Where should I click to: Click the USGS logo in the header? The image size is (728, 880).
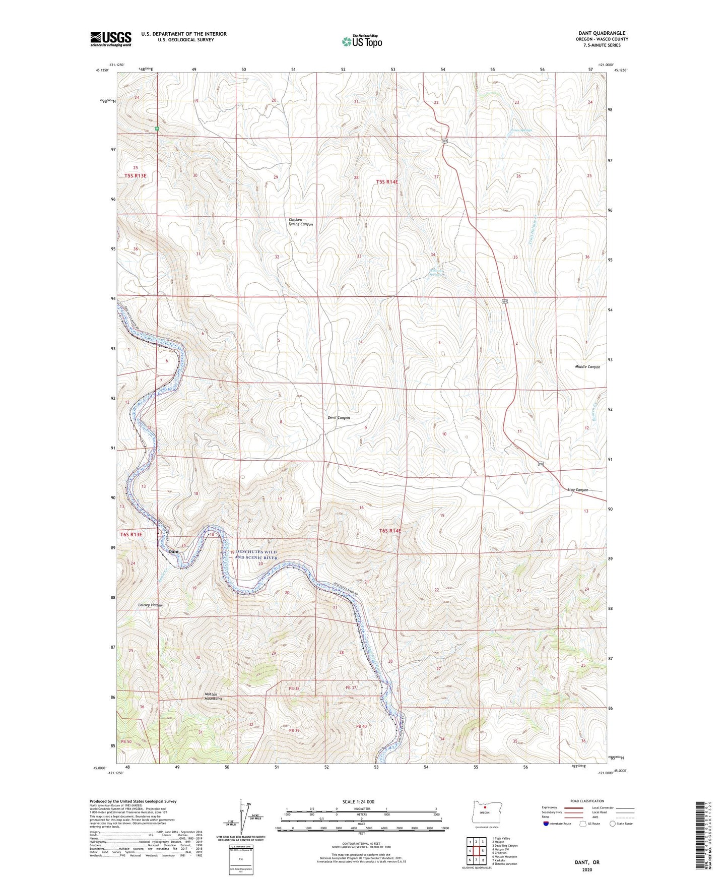click(x=110, y=39)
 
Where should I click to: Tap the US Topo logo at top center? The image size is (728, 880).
click(x=361, y=41)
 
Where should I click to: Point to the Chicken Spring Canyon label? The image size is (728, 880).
click(x=301, y=222)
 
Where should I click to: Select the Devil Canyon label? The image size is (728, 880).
click(x=339, y=418)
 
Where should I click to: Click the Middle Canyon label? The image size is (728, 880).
click(x=587, y=367)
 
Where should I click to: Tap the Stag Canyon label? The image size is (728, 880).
click(x=577, y=490)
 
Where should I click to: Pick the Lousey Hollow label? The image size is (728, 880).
click(x=151, y=605)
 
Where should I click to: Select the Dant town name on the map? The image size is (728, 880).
click(x=173, y=551)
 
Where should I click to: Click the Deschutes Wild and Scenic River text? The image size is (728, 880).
click(x=256, y=554)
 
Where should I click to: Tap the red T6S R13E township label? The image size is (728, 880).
click(x=131, y=534)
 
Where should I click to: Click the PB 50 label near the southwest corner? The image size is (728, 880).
click(x=126, y=741)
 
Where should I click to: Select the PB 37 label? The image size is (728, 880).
click(x=351, y=688)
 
